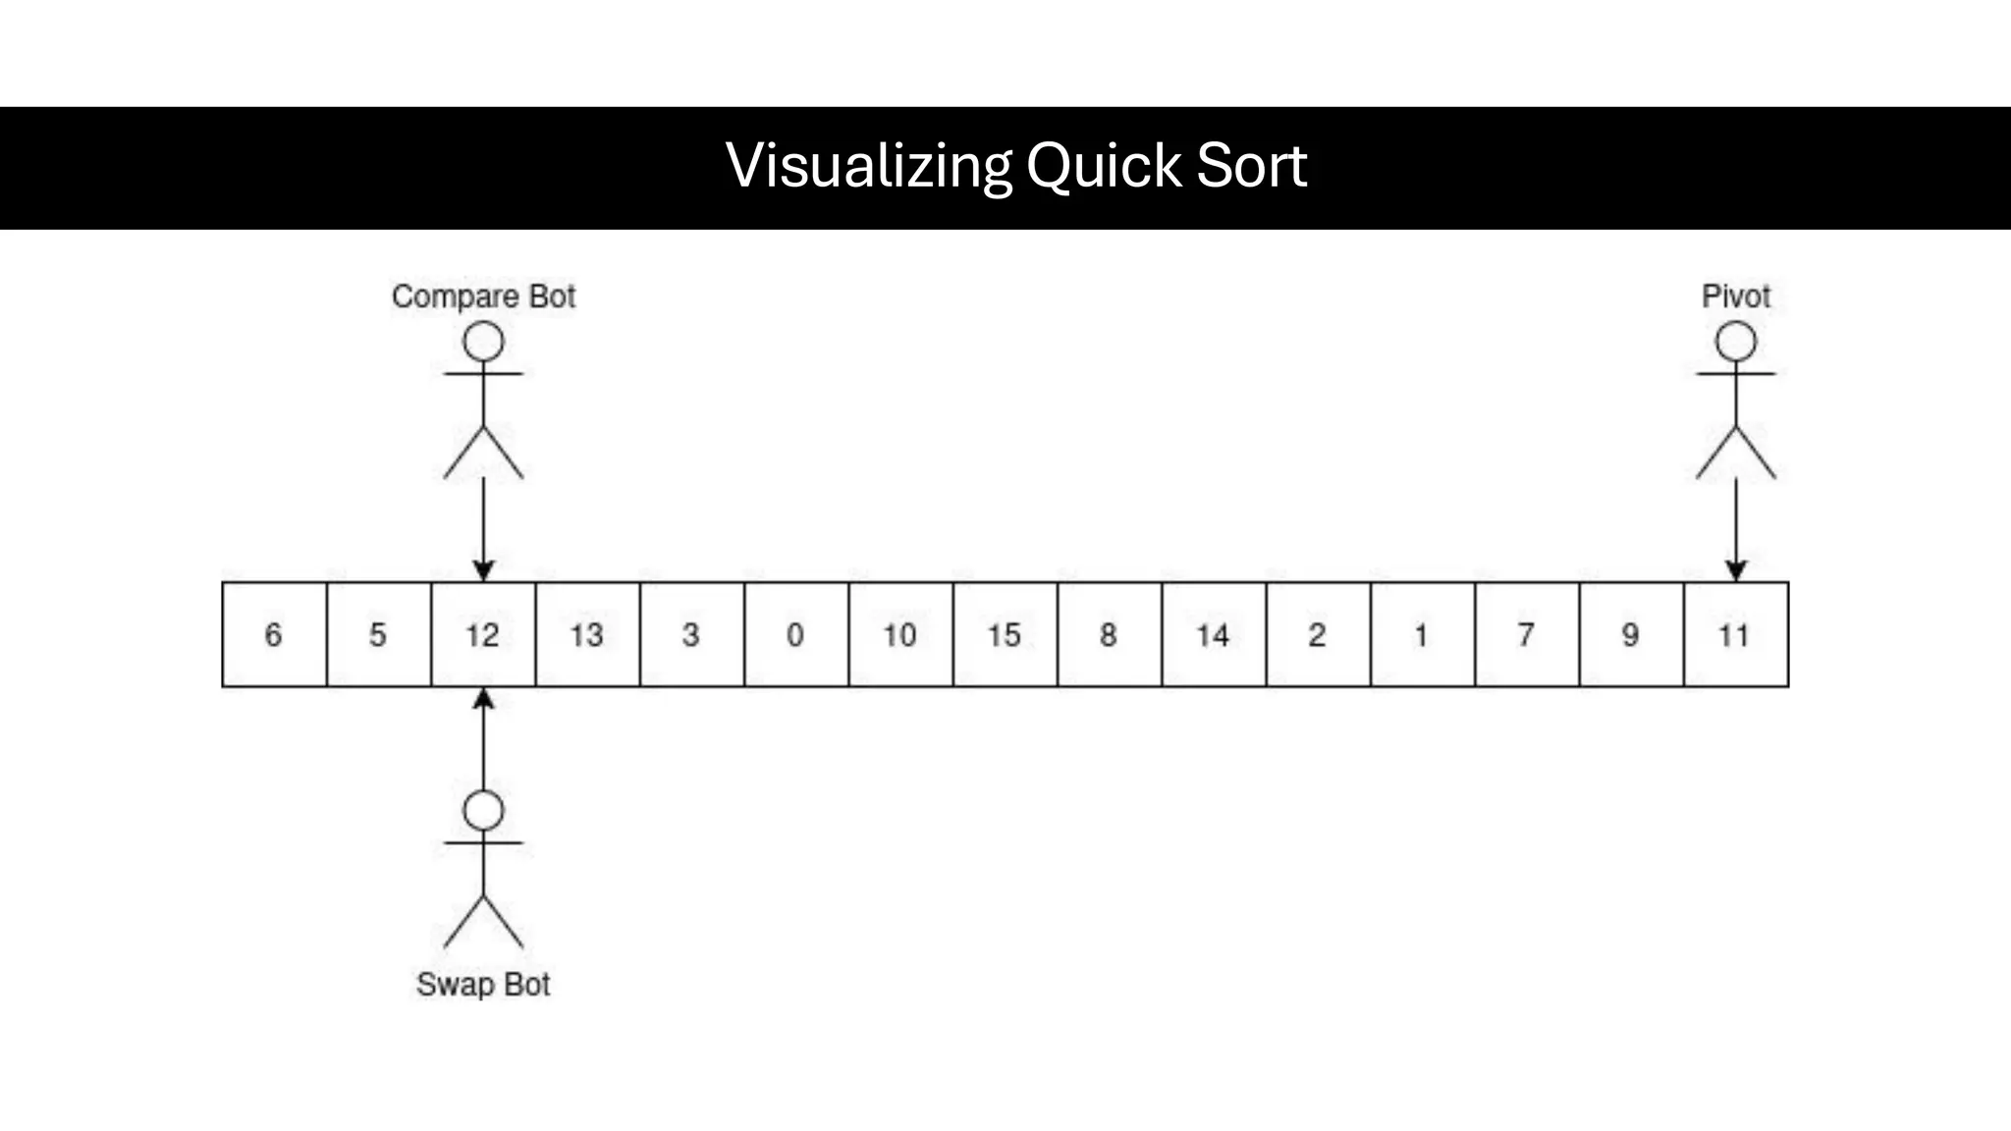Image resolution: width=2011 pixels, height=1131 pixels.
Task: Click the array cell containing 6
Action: (x=274, y=634)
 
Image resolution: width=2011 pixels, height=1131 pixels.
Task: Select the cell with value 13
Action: (x=587, y=634)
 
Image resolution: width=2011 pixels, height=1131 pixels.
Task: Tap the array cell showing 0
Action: (x=795, y=634)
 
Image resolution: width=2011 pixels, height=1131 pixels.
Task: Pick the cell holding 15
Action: (x=1005, y=634)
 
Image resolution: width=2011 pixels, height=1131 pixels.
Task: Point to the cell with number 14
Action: (x=1214, y=634)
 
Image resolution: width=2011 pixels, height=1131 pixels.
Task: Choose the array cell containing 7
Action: (x=1526, y=634)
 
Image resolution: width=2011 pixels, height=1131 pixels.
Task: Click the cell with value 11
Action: (x=1735, y=634)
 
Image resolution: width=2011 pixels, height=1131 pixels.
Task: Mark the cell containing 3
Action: (x=691, y=634)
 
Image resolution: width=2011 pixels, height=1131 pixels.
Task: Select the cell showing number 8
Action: (x=1109, y=634)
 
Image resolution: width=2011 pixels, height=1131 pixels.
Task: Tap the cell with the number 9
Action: (x=1630, y=634)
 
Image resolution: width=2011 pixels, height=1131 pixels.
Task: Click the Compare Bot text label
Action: (x=483, y=296)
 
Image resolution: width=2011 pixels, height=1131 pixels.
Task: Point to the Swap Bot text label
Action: (x=483, y=984)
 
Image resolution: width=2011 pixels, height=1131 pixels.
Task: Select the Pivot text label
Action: (x=1735, y=296)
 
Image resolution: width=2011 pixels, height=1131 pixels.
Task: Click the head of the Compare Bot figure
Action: (x=483, y=343)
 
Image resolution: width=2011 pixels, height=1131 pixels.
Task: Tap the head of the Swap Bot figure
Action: (x=483, y=811)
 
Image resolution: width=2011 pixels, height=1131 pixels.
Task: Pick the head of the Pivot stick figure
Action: (x=1735, y=343)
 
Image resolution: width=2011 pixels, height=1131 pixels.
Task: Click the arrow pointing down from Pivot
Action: (x=1735, y=530)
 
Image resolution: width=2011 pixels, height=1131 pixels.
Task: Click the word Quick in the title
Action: (x=1104, y=165)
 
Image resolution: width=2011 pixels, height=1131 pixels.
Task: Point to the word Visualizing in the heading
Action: (x=869, y=165)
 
